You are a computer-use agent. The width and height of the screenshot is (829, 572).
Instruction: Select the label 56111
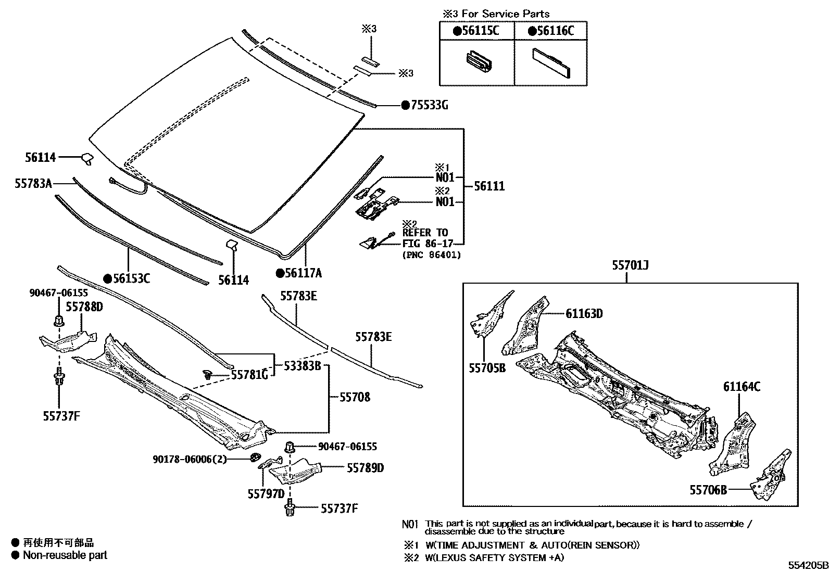click(x=489, y=186)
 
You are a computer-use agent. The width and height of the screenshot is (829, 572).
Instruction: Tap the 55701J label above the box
click(x=630, y=266)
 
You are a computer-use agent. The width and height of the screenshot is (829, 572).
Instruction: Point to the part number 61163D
click(x=584, y=313)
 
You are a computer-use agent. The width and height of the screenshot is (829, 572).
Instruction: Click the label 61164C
click(x=741, y=387)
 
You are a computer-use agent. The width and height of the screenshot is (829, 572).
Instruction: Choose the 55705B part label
click(x=487, y=368)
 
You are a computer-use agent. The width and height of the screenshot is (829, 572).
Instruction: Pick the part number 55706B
click(x=708, y=490)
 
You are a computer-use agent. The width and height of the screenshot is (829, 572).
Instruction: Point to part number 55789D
click(x=365, y=468)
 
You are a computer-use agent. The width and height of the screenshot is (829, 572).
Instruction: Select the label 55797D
click(x=266, y=493)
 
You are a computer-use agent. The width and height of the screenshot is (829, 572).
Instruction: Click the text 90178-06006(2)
click(x=190, y=459)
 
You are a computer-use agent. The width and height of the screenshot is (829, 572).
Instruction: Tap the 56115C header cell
click(x=476, y=31)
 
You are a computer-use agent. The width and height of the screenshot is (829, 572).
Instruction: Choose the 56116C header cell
click(x=551, y=31)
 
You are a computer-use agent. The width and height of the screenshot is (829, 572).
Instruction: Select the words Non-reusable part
click(x=65, y=555)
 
